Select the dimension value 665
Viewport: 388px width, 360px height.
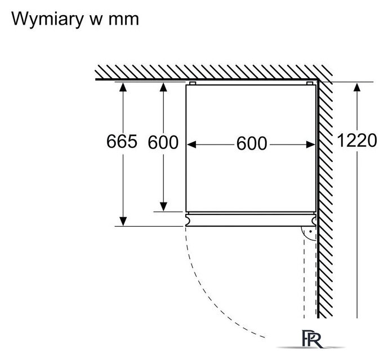[122, 141]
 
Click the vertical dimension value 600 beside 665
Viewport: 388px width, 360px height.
[163, 142]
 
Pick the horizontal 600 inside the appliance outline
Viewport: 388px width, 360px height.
[252, 143]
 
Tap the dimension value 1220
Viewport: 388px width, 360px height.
[357, 141]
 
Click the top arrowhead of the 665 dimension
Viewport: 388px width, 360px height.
[123, 87]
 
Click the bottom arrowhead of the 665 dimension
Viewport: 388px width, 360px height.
[123, 221]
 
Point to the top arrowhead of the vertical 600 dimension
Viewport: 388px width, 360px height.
[163, 87]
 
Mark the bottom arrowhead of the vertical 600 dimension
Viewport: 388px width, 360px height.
[163, 206]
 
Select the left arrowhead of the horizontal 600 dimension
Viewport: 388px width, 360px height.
[191, 145]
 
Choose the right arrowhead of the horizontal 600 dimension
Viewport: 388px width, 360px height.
[310, 145]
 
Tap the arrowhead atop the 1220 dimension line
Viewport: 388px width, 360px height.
[357, 87]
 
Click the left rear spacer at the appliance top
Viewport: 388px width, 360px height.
[193, 83]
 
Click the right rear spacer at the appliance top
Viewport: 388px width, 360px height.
[310, 83]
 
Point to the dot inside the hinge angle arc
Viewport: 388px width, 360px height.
[310, 232]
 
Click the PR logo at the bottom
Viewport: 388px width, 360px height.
[313, 339]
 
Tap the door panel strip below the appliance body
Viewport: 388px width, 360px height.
[251, 220]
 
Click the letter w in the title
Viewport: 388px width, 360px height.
[96, 20]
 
